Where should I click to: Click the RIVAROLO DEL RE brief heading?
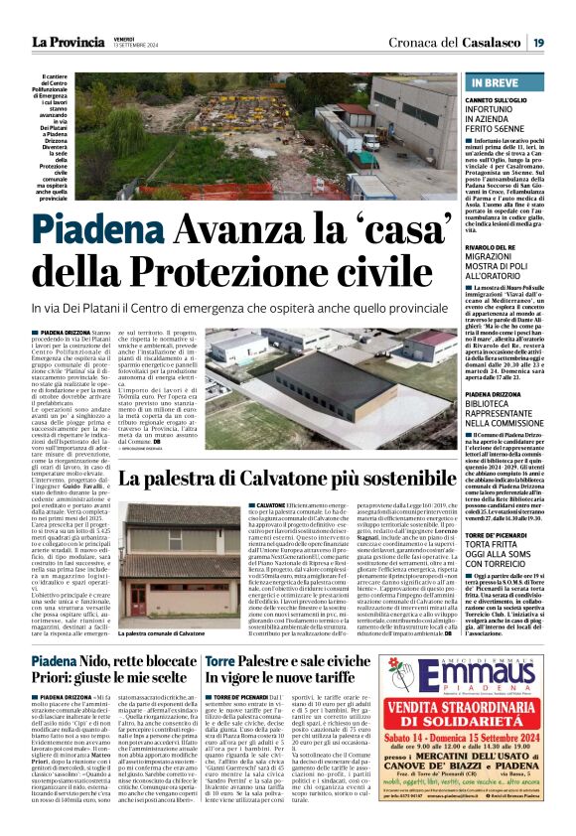pyautogui.click(x=502, y=247)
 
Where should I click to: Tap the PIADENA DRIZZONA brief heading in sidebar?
pyautogui.click(x=506, y=395)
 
